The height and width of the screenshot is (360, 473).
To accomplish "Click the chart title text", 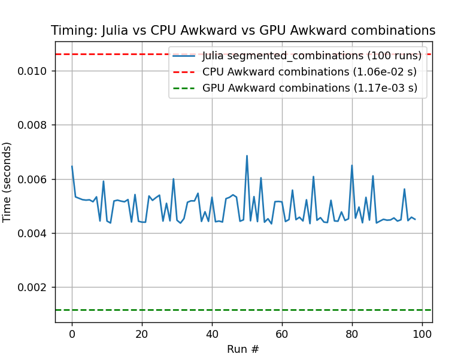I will point(243,31).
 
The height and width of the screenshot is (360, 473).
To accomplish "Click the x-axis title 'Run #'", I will point(243,349).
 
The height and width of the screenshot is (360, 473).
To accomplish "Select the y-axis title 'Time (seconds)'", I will point(7,182).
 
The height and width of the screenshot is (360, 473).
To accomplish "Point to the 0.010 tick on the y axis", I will point(37,71).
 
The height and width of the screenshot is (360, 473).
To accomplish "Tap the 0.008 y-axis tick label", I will point(37,125).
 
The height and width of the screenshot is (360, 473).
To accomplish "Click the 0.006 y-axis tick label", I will point(37,180).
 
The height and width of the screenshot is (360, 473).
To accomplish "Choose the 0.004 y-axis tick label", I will point(37,234).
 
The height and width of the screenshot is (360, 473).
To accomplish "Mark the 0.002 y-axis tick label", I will point(37,288).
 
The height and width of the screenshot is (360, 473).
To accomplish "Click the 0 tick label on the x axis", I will point(72,333).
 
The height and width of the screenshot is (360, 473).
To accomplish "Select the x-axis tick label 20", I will point(142,333).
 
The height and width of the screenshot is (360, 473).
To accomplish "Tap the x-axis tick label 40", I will point(212,333).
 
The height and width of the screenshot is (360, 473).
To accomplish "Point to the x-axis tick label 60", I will point(282,333).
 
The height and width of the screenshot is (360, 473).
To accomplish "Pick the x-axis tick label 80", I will point(352,333).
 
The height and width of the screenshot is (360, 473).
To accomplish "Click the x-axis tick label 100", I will point(422,333).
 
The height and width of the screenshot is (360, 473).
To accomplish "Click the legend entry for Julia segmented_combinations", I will point(311,56).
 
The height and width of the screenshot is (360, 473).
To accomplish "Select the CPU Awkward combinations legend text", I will point(309,72).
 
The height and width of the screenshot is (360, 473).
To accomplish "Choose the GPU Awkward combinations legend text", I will point(310,88).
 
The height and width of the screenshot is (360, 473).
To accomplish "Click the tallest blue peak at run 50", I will point(247,156).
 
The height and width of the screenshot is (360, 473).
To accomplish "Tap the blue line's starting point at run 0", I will point(72,167).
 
